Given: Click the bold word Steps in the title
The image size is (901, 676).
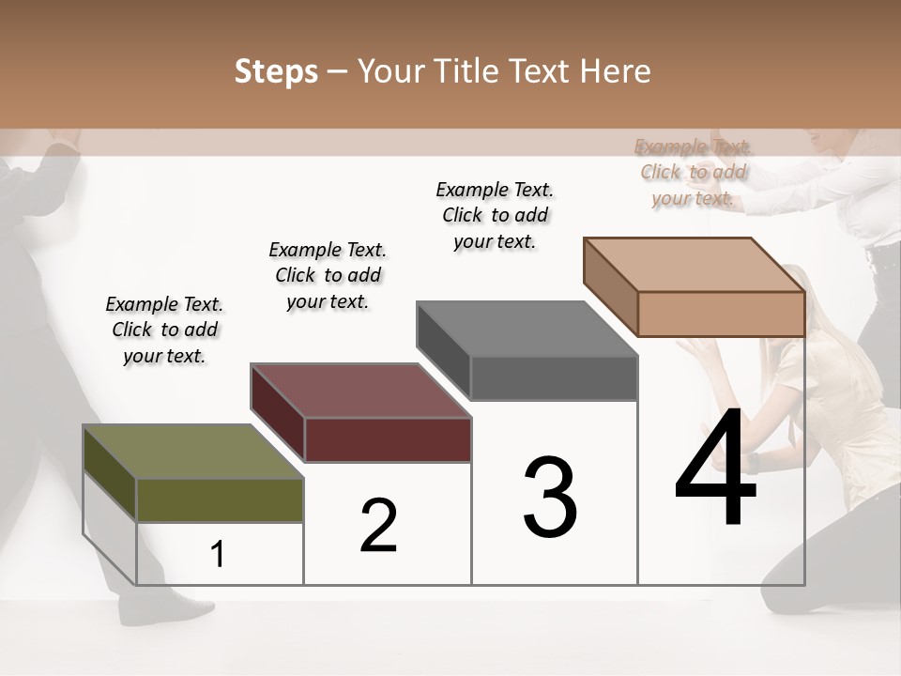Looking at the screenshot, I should [x=276, y=71].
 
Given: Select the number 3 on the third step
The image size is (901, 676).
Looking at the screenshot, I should [x=550, y=497].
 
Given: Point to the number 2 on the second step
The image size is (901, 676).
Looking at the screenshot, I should [x=378, y=525].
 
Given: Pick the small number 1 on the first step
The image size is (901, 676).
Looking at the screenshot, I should [x=218, y=554].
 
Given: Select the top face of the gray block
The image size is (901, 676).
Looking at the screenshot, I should [x=527, y=329].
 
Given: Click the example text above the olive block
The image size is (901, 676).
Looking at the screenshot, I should [x=164, y=330].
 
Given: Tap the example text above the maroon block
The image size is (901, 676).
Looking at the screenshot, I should [x=328, y=275].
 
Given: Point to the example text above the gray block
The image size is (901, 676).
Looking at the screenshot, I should [x=495, y=215].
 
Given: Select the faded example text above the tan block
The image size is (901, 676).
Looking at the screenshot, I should [x=693, y=172].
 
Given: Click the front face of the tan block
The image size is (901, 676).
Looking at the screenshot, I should [x=721, y=314].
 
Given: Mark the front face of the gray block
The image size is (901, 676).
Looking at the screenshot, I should [x=554, y=378].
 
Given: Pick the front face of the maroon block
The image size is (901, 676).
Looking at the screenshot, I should [x=388, y=439].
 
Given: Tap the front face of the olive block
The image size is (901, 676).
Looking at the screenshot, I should [x=221, y=500].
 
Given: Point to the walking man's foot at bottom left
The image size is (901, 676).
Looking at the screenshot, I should [x=169, y=610].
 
